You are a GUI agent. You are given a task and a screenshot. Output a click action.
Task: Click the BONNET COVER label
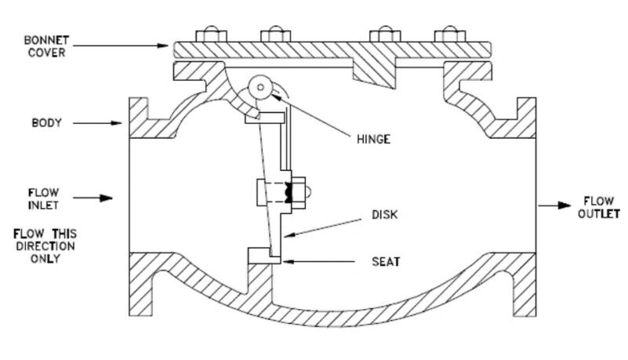[x=46, y=46]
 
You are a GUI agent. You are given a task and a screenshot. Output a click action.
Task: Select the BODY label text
[x=47, y=122]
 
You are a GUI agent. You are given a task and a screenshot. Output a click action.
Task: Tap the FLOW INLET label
[x=43, y=198]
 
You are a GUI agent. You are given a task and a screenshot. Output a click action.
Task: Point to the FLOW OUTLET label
[x=599, y=207]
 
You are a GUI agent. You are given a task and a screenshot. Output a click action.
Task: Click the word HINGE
[x=373, y=139]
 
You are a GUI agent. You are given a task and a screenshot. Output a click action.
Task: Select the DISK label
[x=384, y=215]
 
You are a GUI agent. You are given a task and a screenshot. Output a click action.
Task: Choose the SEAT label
[x=386, y=261]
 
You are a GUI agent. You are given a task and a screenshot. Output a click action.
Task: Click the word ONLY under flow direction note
[x=45, y=259]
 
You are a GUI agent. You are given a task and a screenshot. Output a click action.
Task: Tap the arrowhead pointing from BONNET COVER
[x=162, y=45]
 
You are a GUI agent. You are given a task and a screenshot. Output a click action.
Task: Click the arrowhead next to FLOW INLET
[x=106, y=198]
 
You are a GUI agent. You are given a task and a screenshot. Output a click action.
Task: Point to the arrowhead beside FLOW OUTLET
[x=564, y=205]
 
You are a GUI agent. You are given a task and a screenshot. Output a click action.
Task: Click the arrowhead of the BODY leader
[x=116, y=123]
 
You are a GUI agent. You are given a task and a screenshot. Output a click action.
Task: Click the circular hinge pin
[x=260, y=87]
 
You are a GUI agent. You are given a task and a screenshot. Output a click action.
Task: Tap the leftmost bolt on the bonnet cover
[x=211, y=35]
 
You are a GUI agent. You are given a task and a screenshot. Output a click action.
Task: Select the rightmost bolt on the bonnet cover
[x=450, y=35]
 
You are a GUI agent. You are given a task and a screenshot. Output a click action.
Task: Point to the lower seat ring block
[x=264, y=256]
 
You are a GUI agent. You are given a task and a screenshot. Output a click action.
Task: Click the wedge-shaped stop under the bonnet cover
[x=374, y=73]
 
